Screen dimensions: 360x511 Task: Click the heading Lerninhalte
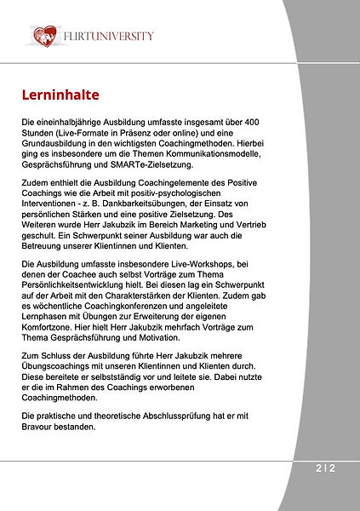61,92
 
